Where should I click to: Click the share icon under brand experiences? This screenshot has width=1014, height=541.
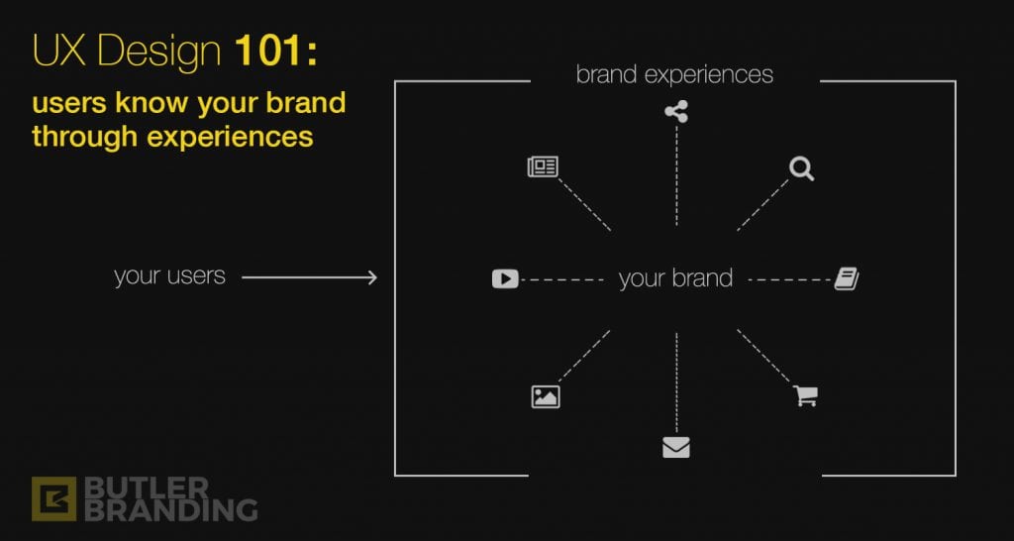pos(676,112)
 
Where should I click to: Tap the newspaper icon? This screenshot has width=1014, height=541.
pos(543,167)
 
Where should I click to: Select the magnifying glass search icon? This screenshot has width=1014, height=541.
pos(801,168)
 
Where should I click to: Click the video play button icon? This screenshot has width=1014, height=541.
pos(505,278)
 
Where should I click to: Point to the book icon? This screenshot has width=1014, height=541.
pos(847,279)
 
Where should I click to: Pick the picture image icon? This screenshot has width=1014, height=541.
pos(546,396)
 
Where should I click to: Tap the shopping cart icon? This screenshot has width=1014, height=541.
pos(805,395)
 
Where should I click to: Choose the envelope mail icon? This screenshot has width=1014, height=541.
pos(676,447)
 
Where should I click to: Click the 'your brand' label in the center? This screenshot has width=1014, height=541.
pos(675,278)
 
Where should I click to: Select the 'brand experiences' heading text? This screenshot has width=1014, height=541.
pos(674,75)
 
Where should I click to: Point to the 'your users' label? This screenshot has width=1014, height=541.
pos(169,276)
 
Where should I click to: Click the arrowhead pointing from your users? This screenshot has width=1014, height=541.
pos(372,277)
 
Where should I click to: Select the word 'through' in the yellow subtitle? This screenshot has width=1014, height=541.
pos(85,137)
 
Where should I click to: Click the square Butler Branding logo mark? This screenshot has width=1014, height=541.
pos(53,499)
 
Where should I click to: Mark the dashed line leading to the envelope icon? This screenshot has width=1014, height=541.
pos(676,382)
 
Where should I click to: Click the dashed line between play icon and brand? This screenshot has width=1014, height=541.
pos(562,279)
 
